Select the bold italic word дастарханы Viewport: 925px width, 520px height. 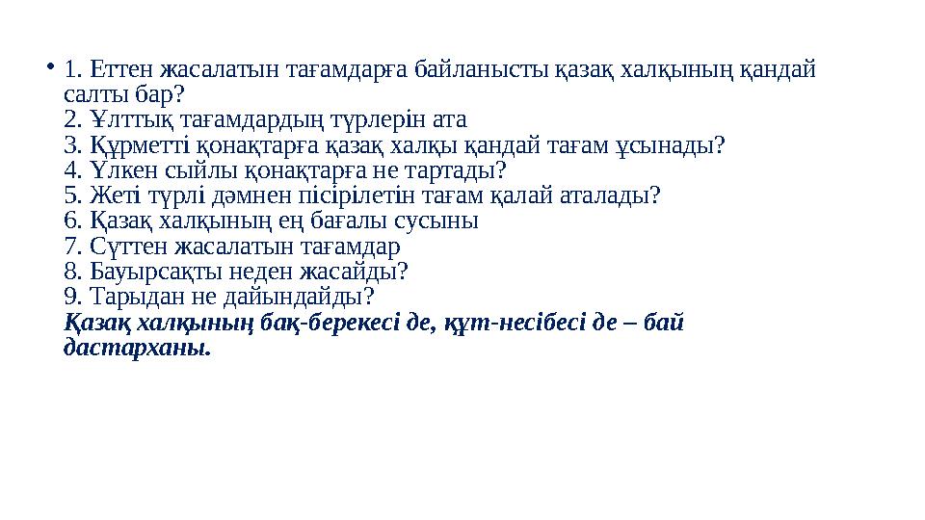tap(136, 347)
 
